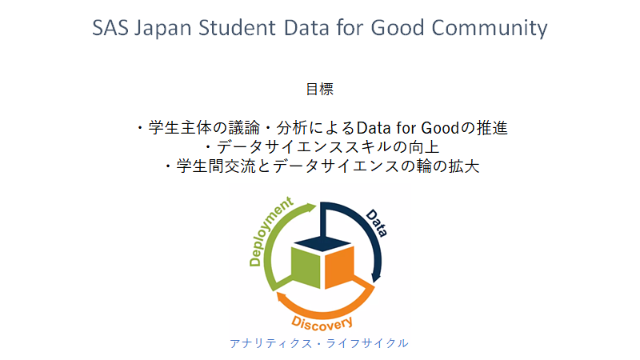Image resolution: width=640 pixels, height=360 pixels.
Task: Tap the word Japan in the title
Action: click(x=163, y=29)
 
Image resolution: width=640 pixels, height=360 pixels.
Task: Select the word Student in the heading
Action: click(x=237, y=28)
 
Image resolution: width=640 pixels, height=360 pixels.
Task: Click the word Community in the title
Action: click(x=490, y=29)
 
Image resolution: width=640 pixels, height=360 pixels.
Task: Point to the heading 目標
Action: click(x=319, y=89)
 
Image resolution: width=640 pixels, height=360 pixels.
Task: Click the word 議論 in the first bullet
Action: click(x=244, y=128)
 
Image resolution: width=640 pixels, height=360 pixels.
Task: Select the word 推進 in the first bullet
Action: click(x=492, y=128)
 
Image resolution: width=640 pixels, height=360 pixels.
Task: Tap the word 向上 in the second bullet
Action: click(x=424, y=147)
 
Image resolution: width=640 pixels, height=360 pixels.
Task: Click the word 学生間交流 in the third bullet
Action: click(x=215, y=166)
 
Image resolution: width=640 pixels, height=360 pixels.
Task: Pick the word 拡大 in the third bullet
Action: click(x=464, y=166)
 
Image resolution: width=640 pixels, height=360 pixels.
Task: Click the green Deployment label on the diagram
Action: click(x=270, y=232)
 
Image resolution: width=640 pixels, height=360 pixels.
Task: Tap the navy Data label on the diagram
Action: click(x=376, y=223)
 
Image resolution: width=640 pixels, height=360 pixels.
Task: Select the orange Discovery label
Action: click(x=322, y=323)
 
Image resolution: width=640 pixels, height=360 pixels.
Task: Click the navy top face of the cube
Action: click(x=323, y=243)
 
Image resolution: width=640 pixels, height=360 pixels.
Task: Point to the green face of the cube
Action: click(x=306, y=267)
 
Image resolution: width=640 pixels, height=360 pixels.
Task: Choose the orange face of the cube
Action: click(x=339, y=267)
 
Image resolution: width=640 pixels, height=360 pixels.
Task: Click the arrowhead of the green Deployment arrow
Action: click(x=311, y=207)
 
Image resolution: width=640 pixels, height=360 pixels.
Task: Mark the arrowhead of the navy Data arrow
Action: click(x=375, y=278)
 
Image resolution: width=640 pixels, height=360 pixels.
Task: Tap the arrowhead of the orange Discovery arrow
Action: click(x=282, y=297)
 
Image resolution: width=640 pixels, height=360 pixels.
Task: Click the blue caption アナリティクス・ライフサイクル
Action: click(x=318, y=343)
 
